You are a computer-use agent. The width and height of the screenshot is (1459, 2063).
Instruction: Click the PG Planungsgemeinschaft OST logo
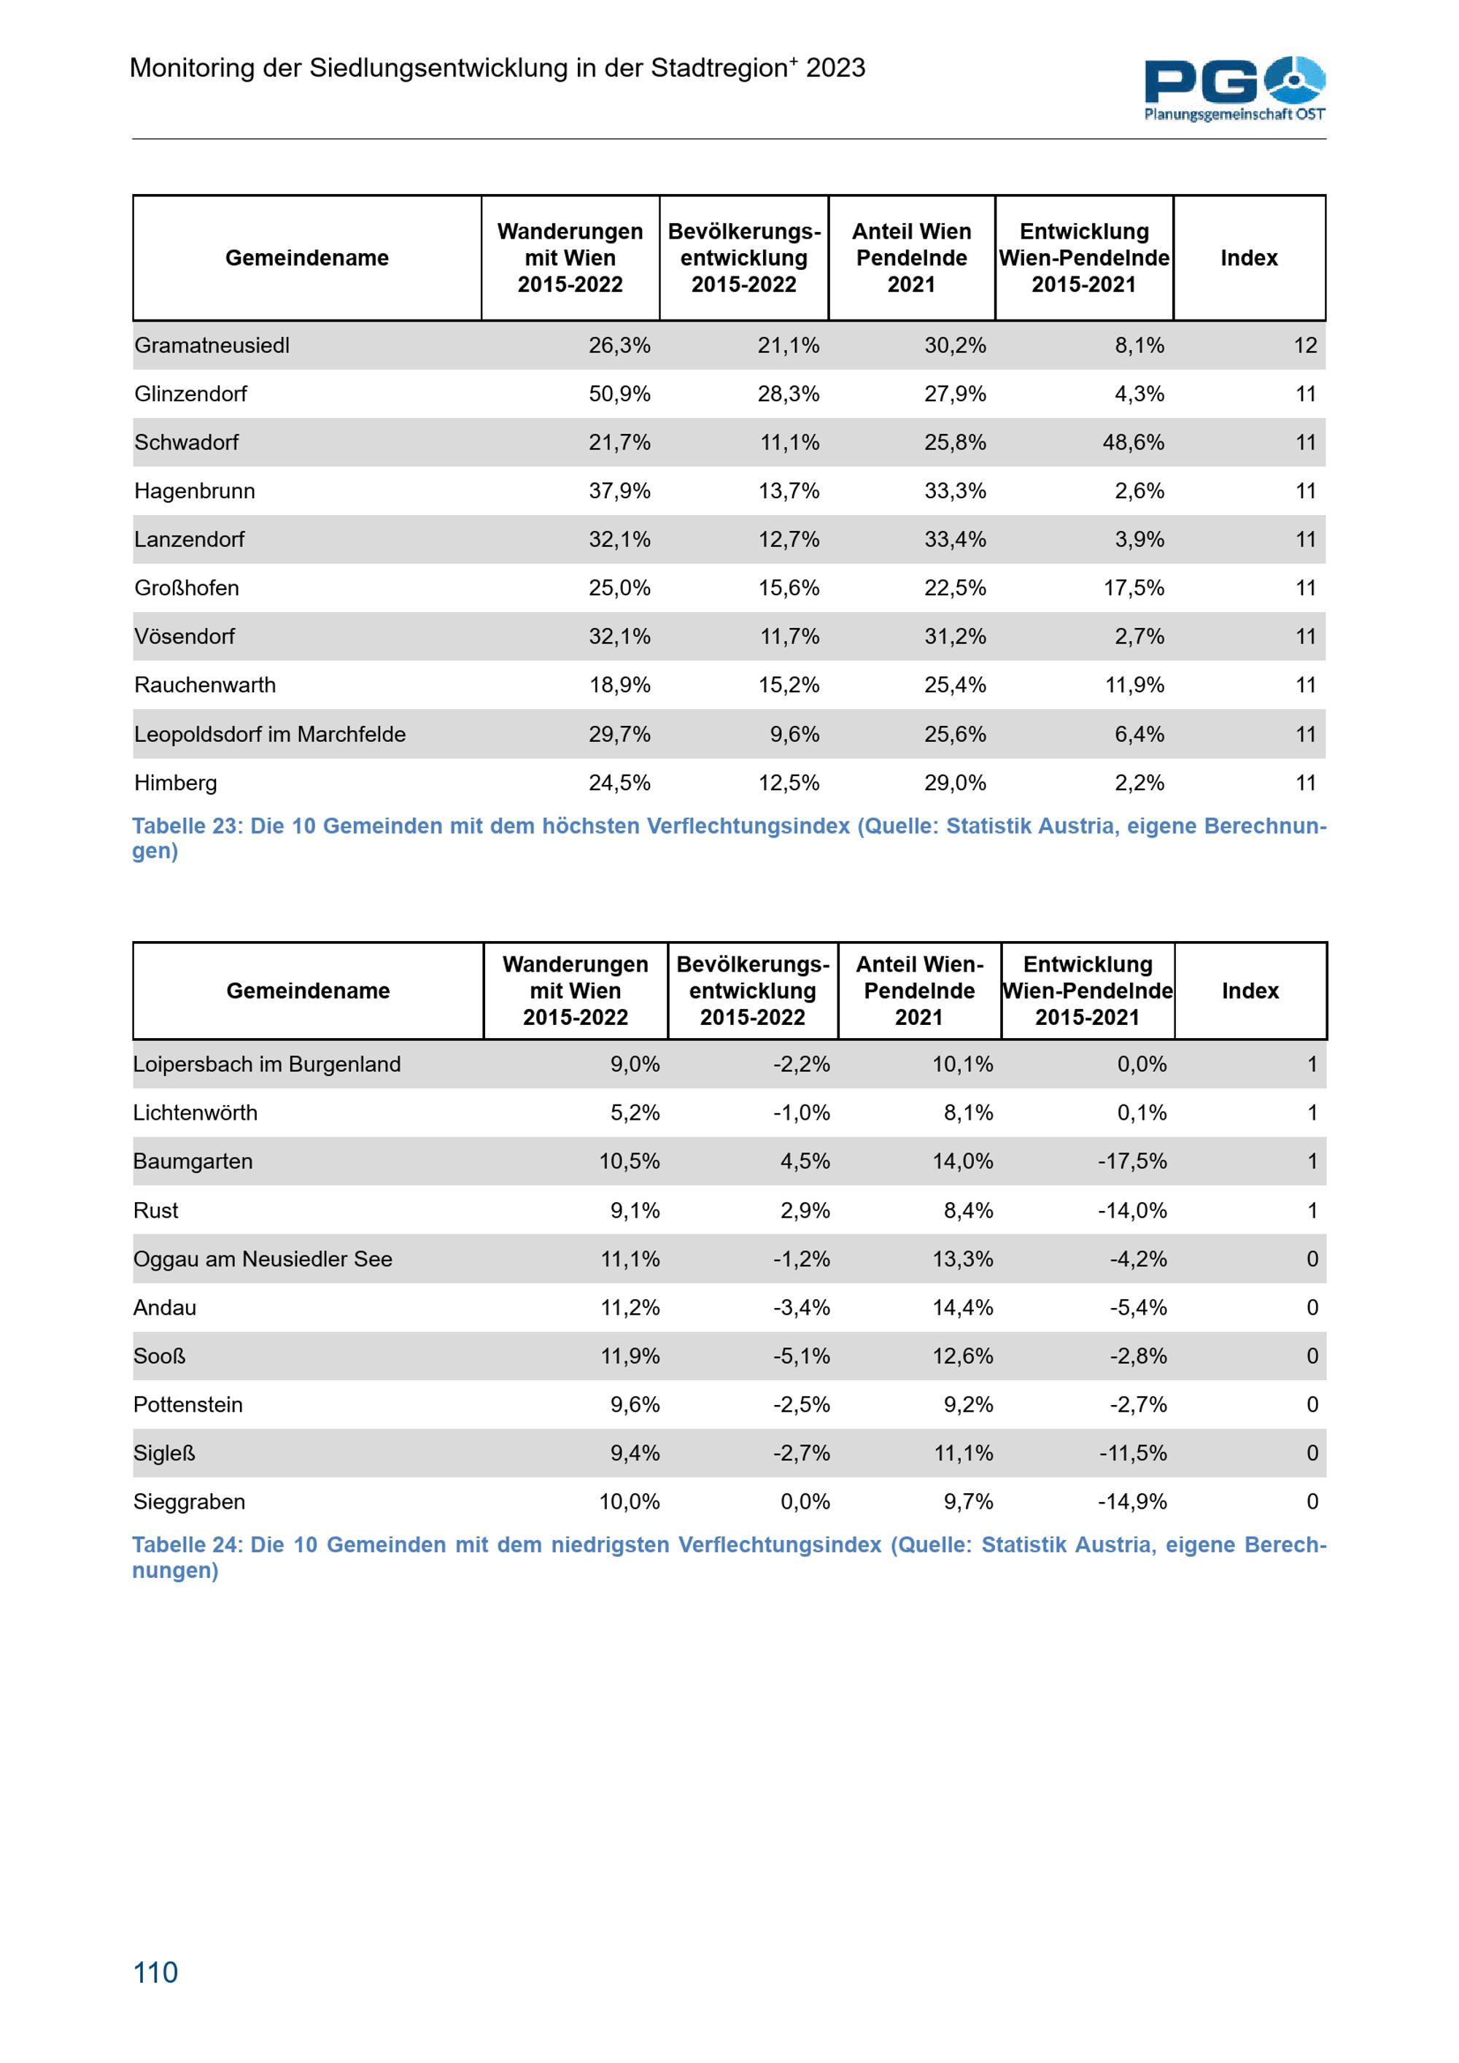(x=1234, y=88)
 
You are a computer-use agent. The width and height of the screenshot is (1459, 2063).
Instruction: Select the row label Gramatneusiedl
(x=212, y=346)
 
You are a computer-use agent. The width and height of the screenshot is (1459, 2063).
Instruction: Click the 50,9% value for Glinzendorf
(x=619, y=395)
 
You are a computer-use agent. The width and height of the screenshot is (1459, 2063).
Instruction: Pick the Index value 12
(x=1304, y=346)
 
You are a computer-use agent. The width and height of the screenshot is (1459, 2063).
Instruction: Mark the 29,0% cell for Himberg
(x=955, y=783)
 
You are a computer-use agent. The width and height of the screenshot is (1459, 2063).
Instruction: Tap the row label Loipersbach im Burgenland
(x=267, y=1065)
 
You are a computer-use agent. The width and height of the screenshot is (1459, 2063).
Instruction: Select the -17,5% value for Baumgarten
(x=1132, y=1162)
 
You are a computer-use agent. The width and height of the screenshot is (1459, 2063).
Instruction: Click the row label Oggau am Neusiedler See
(x=263, y=1259)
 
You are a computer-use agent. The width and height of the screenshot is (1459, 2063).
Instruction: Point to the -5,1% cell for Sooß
(x=802, y=1356)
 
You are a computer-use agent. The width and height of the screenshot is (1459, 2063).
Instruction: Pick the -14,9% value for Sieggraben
(x=1132, y=1501)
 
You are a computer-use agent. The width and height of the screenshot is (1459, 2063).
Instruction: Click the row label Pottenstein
(x=187, y=1404)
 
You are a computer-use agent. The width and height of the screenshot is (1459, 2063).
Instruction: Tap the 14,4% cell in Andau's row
(x=962, y=1307)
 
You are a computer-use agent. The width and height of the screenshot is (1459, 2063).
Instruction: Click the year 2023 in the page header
(x=835, y=69)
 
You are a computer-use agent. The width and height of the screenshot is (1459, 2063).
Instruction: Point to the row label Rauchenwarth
(x=205, y=686)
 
